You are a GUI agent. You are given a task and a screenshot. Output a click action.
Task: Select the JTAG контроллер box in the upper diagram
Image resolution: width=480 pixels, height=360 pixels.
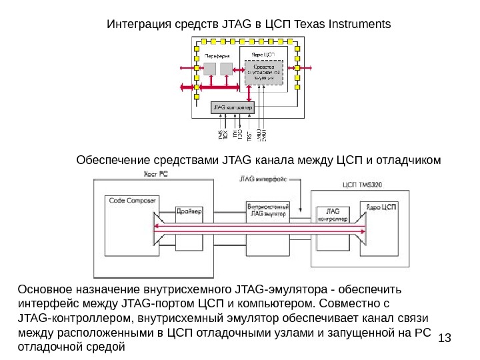[x=231, y=107]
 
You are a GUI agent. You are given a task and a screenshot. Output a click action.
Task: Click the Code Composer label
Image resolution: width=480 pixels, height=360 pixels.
[x=133, y=200]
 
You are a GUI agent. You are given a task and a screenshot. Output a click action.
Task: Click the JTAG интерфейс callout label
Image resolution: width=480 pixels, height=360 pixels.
[x=263, y=179]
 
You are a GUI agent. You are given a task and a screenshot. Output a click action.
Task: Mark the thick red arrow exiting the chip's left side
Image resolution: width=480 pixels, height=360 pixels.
[x=187, y=87]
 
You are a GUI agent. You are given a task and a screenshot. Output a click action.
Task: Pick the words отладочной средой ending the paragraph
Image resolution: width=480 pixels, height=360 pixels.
[x=72, y=347]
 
